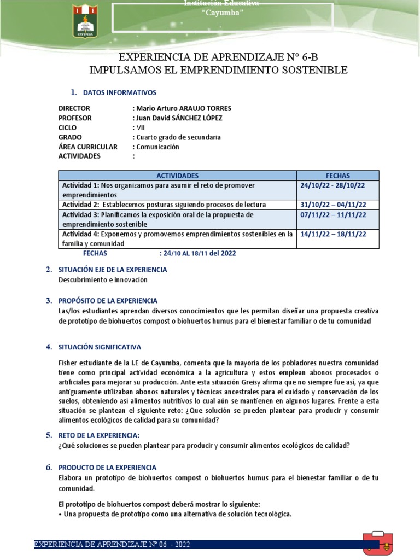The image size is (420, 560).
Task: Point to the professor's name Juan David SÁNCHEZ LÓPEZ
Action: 179,118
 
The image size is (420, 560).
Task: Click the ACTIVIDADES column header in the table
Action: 177,176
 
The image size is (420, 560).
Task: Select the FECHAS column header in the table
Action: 337,176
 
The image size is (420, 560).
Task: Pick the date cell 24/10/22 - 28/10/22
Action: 333,185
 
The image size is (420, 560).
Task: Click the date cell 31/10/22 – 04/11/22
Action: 333,205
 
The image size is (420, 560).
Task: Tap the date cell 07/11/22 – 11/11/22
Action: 333,214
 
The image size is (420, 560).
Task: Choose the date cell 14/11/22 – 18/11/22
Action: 333,234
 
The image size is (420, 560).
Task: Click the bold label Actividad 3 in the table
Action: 80,214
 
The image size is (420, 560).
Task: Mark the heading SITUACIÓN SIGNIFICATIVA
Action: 100,347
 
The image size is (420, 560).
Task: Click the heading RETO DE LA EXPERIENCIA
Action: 99,435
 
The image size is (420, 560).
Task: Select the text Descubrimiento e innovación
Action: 103,279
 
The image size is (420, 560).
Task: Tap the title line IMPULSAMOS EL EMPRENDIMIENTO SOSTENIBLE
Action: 218,71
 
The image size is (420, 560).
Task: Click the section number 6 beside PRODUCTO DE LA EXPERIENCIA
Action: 48,468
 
